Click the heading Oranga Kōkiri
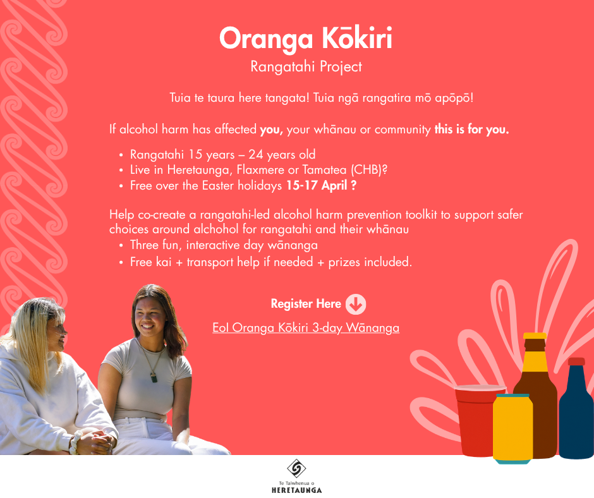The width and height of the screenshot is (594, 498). click(306, 39)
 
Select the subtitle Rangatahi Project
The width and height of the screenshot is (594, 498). click(306, 67)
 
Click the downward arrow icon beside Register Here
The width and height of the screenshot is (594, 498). click(356, 305)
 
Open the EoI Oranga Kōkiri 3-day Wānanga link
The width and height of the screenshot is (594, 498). click(306, 327)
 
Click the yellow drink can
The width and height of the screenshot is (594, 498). click(512, 428)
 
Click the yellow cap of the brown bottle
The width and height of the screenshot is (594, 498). click(535, 336)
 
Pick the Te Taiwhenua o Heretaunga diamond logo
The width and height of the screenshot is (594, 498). click(296, 468)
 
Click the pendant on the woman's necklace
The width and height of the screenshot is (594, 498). click(154, 378)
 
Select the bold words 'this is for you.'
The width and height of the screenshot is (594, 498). click(471, 129)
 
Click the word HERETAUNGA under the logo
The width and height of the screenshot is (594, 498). click(296, 490)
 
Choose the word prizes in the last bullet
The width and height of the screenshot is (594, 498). click(344, 262)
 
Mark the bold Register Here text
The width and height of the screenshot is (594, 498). click(306, 304)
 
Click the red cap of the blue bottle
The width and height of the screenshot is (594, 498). click(576, 361)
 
